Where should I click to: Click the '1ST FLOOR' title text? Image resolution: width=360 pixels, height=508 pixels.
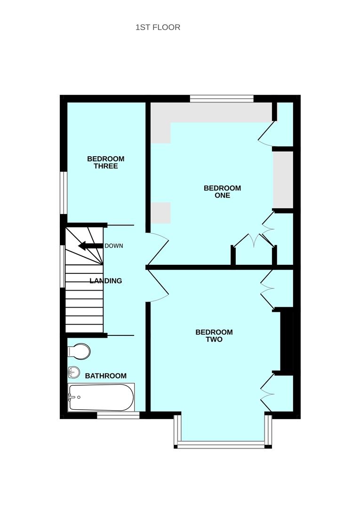click(x=158, y=27)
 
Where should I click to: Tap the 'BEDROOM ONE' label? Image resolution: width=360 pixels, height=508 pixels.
click(x=222, y=191)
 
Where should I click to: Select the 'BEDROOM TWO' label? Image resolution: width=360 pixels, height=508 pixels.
click(x=214, y=336)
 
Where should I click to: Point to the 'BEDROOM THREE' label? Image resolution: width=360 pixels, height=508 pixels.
click(x=105, y=162)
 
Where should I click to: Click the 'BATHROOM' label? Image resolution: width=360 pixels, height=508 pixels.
click(x=105, y=376)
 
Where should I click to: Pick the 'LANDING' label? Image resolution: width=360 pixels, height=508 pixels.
click(x=105, y=281)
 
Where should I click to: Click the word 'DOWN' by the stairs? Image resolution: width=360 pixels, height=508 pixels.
click(x=114, y=246)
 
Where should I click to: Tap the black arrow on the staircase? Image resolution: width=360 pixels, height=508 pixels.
click(x=91, y=246)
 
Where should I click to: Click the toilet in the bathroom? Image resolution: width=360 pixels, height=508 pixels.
click(x=79, y=351)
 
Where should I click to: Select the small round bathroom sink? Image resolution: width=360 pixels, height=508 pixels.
click(x=74, y=372)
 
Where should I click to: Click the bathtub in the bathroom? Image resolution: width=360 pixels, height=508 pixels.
click(x=101, y=397)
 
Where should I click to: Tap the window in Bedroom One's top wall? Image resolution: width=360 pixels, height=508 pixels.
click(x=222, y=98)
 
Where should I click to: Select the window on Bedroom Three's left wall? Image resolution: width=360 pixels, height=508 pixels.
click(x=64, y=193)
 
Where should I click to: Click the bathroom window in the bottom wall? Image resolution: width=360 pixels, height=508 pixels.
click(x=118, y=415)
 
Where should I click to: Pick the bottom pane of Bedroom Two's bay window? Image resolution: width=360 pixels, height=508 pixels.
click(x=221, y=444)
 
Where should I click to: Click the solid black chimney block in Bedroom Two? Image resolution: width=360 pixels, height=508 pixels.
click(x=286, y=341)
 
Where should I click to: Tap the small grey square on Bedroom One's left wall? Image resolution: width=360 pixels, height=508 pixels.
click(x=161, y=213)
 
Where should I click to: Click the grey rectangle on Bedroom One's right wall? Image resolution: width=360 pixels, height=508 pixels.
click(x=283, y=180)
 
